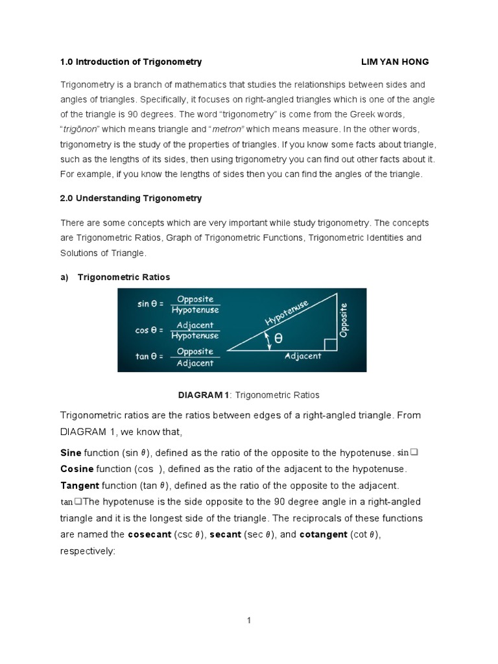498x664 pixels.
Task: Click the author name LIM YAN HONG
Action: pos(394,62)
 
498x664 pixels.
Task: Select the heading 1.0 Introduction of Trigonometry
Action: pos(131,62)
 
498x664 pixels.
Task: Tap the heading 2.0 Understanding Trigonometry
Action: pos(131,198)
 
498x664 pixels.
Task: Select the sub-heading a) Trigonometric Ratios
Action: pos(115,277)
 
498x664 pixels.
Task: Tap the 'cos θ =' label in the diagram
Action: pos(150,329)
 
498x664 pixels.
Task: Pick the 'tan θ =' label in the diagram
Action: pos(150,355)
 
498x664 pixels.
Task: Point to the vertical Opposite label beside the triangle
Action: pos(344,319)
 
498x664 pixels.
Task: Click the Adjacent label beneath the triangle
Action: pos(303,356)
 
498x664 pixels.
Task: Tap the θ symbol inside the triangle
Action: pos(278,338)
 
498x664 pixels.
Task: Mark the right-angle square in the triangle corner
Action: pos(330,344)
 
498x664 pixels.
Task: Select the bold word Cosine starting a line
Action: pos(77,468)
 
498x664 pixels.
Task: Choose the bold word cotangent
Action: pos(323,535)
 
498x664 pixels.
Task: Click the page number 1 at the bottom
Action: pos(248,621)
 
